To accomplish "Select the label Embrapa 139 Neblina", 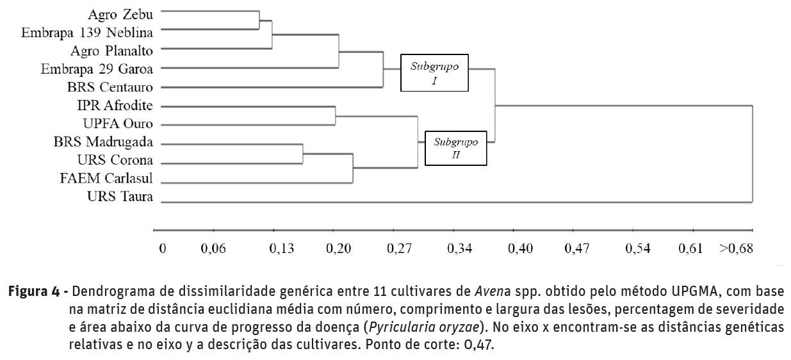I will pyautogui.click(x=87, y=31).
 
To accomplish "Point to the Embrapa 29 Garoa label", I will pyautogui.click(x=101, y=68).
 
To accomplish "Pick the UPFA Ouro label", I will pyautogui.click(x=118, y=123).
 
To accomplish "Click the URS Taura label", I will pyautogui.click(x=120, y=197).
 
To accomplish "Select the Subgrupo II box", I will pyautogui.click(x=456, y=147).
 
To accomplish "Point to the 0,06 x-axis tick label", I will pyautogui.click(x=213, y=249).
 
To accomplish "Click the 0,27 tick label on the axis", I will pyautogui.click(x=399, y=249).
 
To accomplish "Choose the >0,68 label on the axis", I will pyautogui.click(x=736, y=249).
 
